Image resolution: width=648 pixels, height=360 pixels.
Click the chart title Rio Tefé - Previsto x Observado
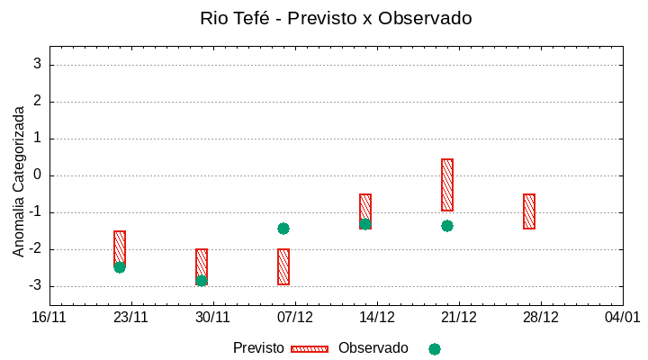336,18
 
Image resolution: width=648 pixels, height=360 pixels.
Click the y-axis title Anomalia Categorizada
19,181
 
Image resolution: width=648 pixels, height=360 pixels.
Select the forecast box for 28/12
529,211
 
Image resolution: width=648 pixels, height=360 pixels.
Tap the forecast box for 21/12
447,184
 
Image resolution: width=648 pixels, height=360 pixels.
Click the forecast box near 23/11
120,247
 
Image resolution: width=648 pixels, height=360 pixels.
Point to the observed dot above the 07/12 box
283,229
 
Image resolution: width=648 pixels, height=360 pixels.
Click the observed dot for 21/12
447,226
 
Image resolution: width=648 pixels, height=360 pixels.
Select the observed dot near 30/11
202,281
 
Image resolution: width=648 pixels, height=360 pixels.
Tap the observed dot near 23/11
120,267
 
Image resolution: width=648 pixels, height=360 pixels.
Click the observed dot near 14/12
365,224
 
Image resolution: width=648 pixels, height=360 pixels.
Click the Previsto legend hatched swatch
310,348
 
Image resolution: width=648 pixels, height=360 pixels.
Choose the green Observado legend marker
435,348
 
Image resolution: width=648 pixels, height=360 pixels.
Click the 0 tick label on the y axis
38,175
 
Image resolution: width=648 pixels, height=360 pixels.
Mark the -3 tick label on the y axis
35,286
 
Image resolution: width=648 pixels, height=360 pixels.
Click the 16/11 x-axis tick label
49,317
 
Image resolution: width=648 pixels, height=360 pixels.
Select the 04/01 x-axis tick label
622,317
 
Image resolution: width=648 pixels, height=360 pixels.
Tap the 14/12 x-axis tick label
377,317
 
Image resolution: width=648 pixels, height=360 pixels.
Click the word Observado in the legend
373,348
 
